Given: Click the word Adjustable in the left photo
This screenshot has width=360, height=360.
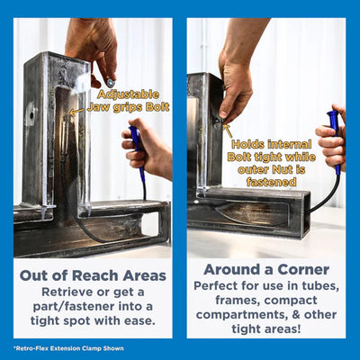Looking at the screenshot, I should [129, 94].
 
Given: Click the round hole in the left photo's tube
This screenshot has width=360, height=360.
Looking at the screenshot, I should [31, 115].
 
